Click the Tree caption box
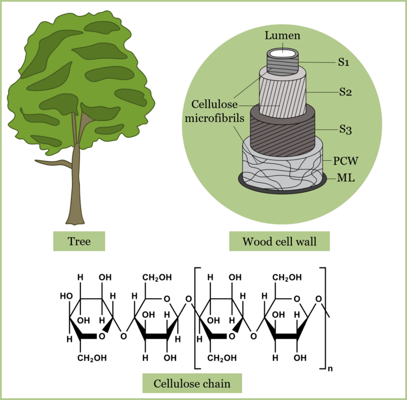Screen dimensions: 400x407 pos(79,241)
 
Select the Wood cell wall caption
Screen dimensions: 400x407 pos(279,241)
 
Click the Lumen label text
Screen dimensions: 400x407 pos(282,36)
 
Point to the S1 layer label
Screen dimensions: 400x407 pos(344,63)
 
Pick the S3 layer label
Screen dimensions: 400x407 pos(346,130)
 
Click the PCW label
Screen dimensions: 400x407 pos(346,161)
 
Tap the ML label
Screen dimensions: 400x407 pos(346,178)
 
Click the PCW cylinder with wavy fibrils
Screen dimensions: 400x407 pos(282,163)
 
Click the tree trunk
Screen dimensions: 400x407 pos(76,188)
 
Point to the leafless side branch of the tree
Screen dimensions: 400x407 pos(53,163)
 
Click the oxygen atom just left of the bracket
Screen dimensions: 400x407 pos(189,300)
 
